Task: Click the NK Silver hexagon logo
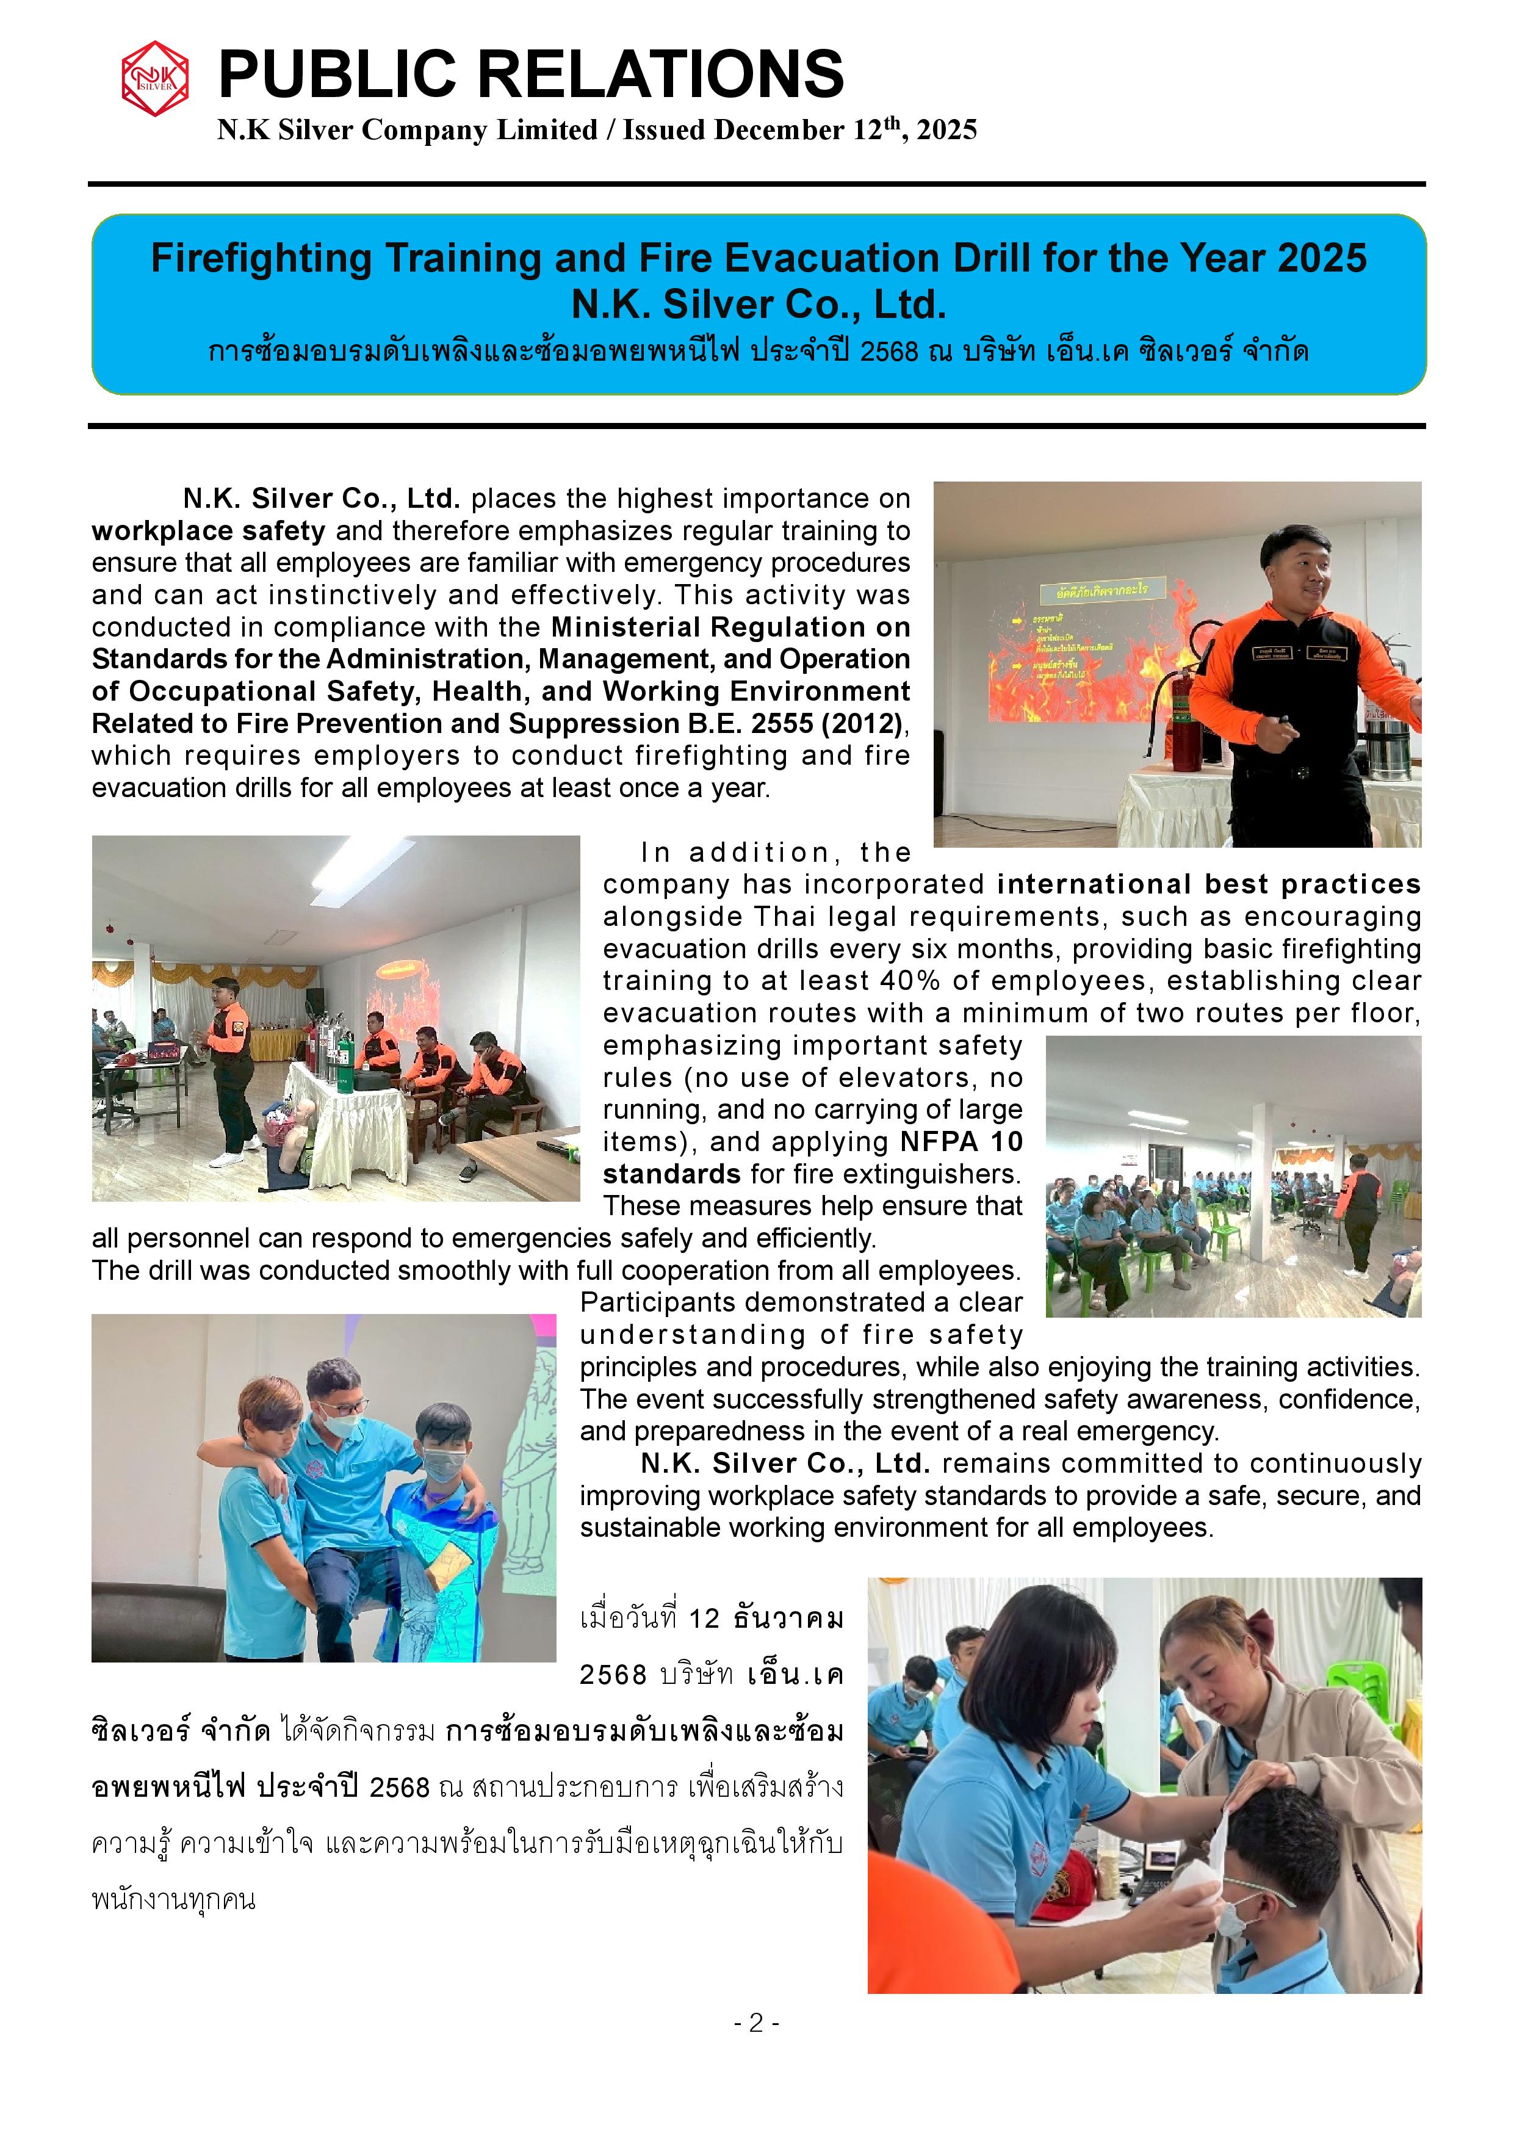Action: click(x=155, y=78)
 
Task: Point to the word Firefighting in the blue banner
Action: click(x=262, y=258)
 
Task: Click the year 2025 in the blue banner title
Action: click(x=1321, y=258)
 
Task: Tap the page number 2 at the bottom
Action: click(x=756, y=2021)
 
